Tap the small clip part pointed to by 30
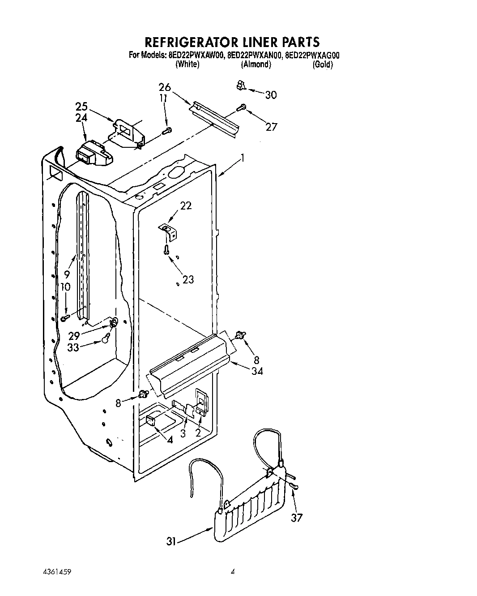(x=241, y=85)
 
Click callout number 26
(x=165, y=87)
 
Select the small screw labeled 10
(x=65, y=317)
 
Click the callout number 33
(x=73, y=347)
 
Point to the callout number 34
(x=257, y=371)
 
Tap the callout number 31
(x=170, y=542)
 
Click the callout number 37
(x=297, y=518)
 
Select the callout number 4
(x=170, y=439)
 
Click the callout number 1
(x=242, y=158)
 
